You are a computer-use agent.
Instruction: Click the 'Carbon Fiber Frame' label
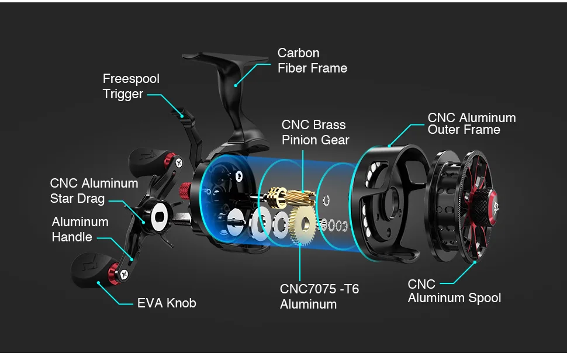tap(312, 61)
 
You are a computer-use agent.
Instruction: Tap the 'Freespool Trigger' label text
tap(130, 86)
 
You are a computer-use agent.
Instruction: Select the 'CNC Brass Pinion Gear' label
tap(314, 133)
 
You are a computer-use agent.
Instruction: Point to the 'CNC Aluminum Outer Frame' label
tap(471, 124)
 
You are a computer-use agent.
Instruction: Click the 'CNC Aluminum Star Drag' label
tap(94, 191)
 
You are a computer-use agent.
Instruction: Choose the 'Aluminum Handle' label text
tap(79, 229)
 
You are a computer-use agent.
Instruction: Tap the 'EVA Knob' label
tap(166, 303)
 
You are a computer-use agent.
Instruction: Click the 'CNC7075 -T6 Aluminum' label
tap(319, 296)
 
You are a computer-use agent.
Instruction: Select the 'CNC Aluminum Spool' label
tap(454, 291)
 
